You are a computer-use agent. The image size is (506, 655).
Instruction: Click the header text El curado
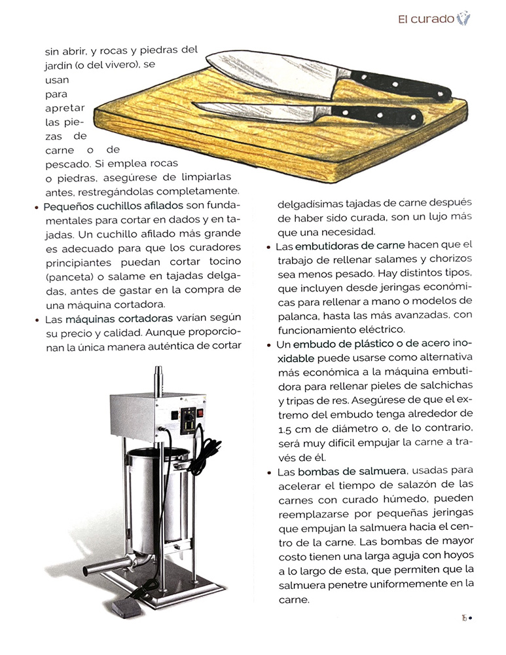pyautogui.click(x=426, y=19)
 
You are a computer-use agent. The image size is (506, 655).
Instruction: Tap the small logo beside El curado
pyautogui.click(x=463, y=18)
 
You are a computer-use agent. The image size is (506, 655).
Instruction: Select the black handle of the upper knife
pyautogui.click(x=399, y=84)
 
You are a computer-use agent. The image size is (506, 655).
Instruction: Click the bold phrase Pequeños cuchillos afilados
pyautogui.click(x=113, y=206)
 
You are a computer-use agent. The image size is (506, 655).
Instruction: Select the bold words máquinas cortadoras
pyautogui.click(x=119, y=319)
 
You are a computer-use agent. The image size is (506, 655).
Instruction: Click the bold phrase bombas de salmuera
pyautogui.click(x=352, y=471)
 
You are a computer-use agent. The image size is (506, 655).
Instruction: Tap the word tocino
pyautogui.click(x=225, y=261)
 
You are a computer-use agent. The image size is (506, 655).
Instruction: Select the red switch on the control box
pyautogui.click(x=200, y=413)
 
